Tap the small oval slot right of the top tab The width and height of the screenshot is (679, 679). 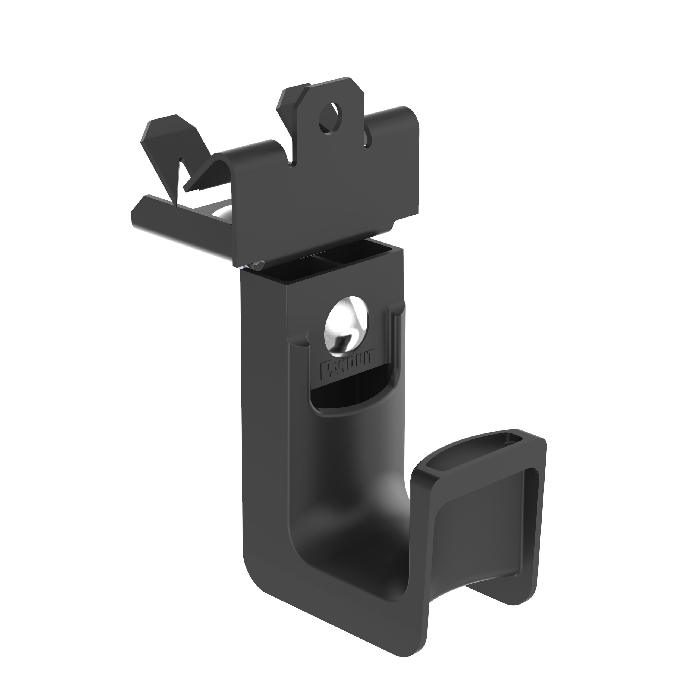[367, 138]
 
